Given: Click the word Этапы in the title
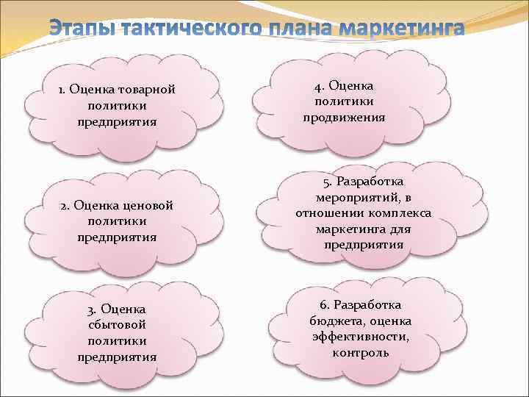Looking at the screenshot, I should [79, 29].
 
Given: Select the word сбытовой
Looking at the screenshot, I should [117, 324].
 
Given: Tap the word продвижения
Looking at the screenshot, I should [344, 118].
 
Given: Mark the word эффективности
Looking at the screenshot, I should [360, 337].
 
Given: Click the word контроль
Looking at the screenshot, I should [360, 352].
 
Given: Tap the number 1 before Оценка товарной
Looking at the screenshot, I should [63, 90].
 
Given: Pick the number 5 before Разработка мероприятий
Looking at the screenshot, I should [325, 181].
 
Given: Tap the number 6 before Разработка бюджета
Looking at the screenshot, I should [323, 304].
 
